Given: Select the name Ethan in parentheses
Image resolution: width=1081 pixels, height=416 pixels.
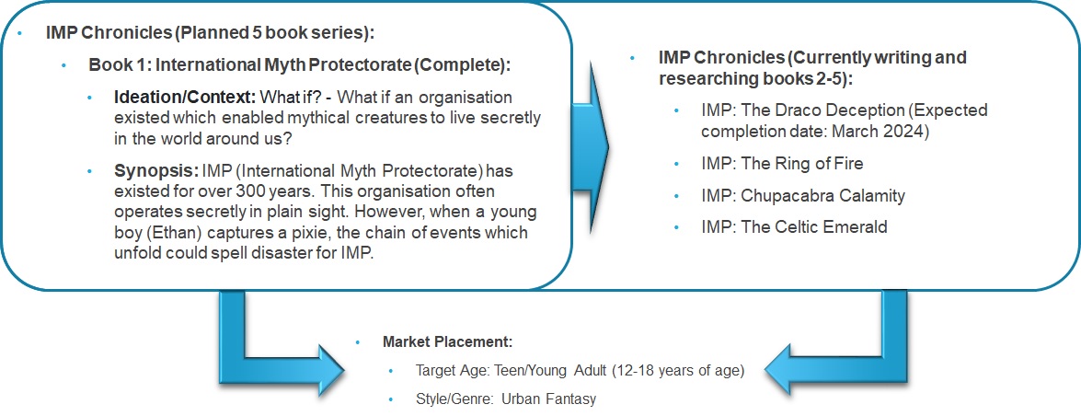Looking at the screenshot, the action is coord(161,233).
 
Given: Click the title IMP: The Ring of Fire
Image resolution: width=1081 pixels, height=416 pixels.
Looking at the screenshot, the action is coord(782,164).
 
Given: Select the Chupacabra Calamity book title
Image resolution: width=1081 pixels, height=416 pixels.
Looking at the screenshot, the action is coord(822,195).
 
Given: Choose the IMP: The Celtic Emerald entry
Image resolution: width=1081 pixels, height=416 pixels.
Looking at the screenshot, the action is coord(794,226).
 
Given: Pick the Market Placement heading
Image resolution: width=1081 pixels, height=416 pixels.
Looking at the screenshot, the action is coord(447,342).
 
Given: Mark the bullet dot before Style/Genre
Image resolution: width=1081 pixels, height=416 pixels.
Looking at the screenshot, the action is coord(391,399).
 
